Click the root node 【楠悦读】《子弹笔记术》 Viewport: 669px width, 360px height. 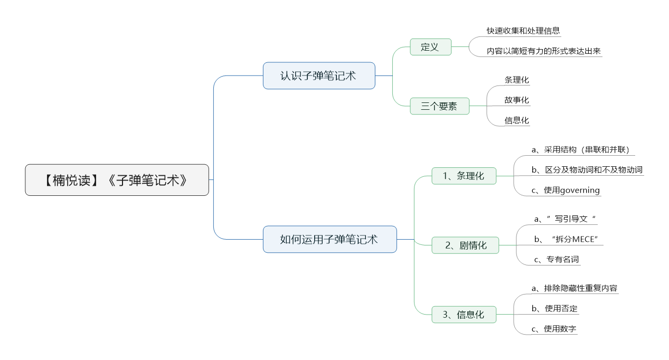coord(117,180)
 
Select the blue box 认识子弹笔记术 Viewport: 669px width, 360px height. coord(319,75)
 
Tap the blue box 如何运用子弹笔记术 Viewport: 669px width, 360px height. coord(329,239)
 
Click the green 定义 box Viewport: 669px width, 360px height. coord(430,47)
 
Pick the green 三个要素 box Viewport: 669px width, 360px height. coord(439,106)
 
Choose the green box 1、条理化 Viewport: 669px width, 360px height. coord(464,176)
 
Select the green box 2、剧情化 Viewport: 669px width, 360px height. coord(465,245)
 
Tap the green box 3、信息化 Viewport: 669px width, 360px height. coord(464,314)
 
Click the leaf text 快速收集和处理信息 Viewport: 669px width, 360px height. coord(523,31)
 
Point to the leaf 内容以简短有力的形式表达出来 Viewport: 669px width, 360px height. coord(543,51)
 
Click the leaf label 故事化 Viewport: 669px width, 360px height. coord(517,100)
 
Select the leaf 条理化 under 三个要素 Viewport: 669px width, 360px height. coord(517,80)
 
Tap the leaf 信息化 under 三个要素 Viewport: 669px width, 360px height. coord(517,120)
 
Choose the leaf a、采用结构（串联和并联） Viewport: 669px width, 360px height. coord(581,149)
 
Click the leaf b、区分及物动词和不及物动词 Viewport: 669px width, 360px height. coord(587,170)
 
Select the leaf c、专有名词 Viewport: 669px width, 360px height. coord(557,259)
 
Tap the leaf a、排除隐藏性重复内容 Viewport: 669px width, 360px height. coord(574,288)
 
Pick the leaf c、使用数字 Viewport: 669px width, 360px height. coord(554,329)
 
